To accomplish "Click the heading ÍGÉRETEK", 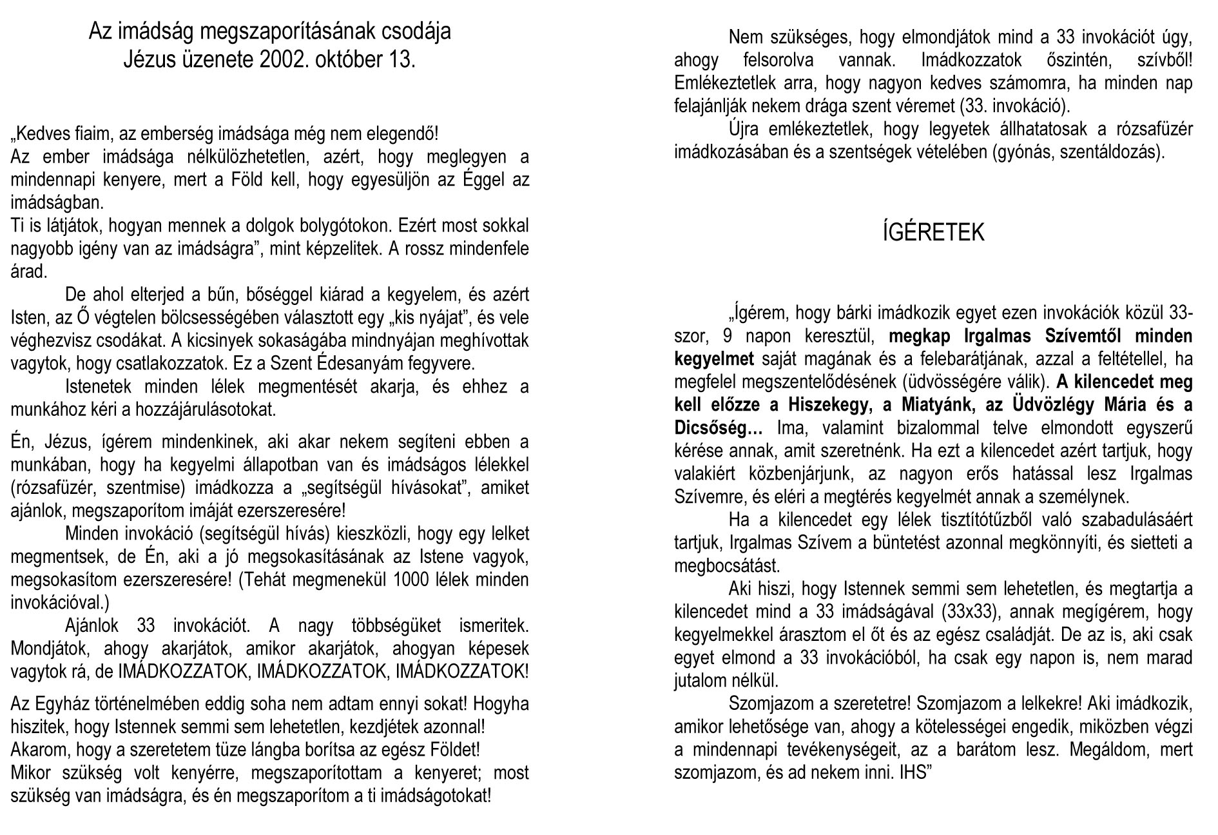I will pyautogui.click(x=933, y=233).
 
